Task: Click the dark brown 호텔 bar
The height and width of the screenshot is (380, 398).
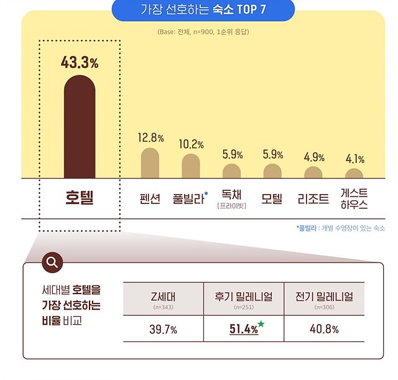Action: click(x=80, y=127)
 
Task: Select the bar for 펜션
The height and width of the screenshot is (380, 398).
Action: click(x=150, y=164)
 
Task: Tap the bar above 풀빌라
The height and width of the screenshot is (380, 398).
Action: click(x=191, y=167)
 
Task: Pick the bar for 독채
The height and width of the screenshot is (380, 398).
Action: click(x=231, y=171)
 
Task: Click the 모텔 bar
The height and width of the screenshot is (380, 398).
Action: click(x=272, y=171)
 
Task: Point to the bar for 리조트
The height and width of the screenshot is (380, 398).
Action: click(x=313, y=172)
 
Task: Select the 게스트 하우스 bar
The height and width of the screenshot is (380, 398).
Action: click(x=354, y=174)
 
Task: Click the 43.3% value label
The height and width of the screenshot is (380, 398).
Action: click(x=80, y=63)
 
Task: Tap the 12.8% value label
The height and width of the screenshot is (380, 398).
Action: click(x=150, y=137)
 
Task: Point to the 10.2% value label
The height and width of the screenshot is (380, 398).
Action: click(x=191, y=144)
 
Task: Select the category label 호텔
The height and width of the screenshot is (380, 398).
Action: click(x=79, y=198)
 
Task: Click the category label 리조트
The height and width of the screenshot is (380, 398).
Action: click(x=314, y=199)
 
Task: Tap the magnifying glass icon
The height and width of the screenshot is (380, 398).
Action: click(x=52, y=262)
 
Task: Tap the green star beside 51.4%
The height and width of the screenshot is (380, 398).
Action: click(x=261, y=324)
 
